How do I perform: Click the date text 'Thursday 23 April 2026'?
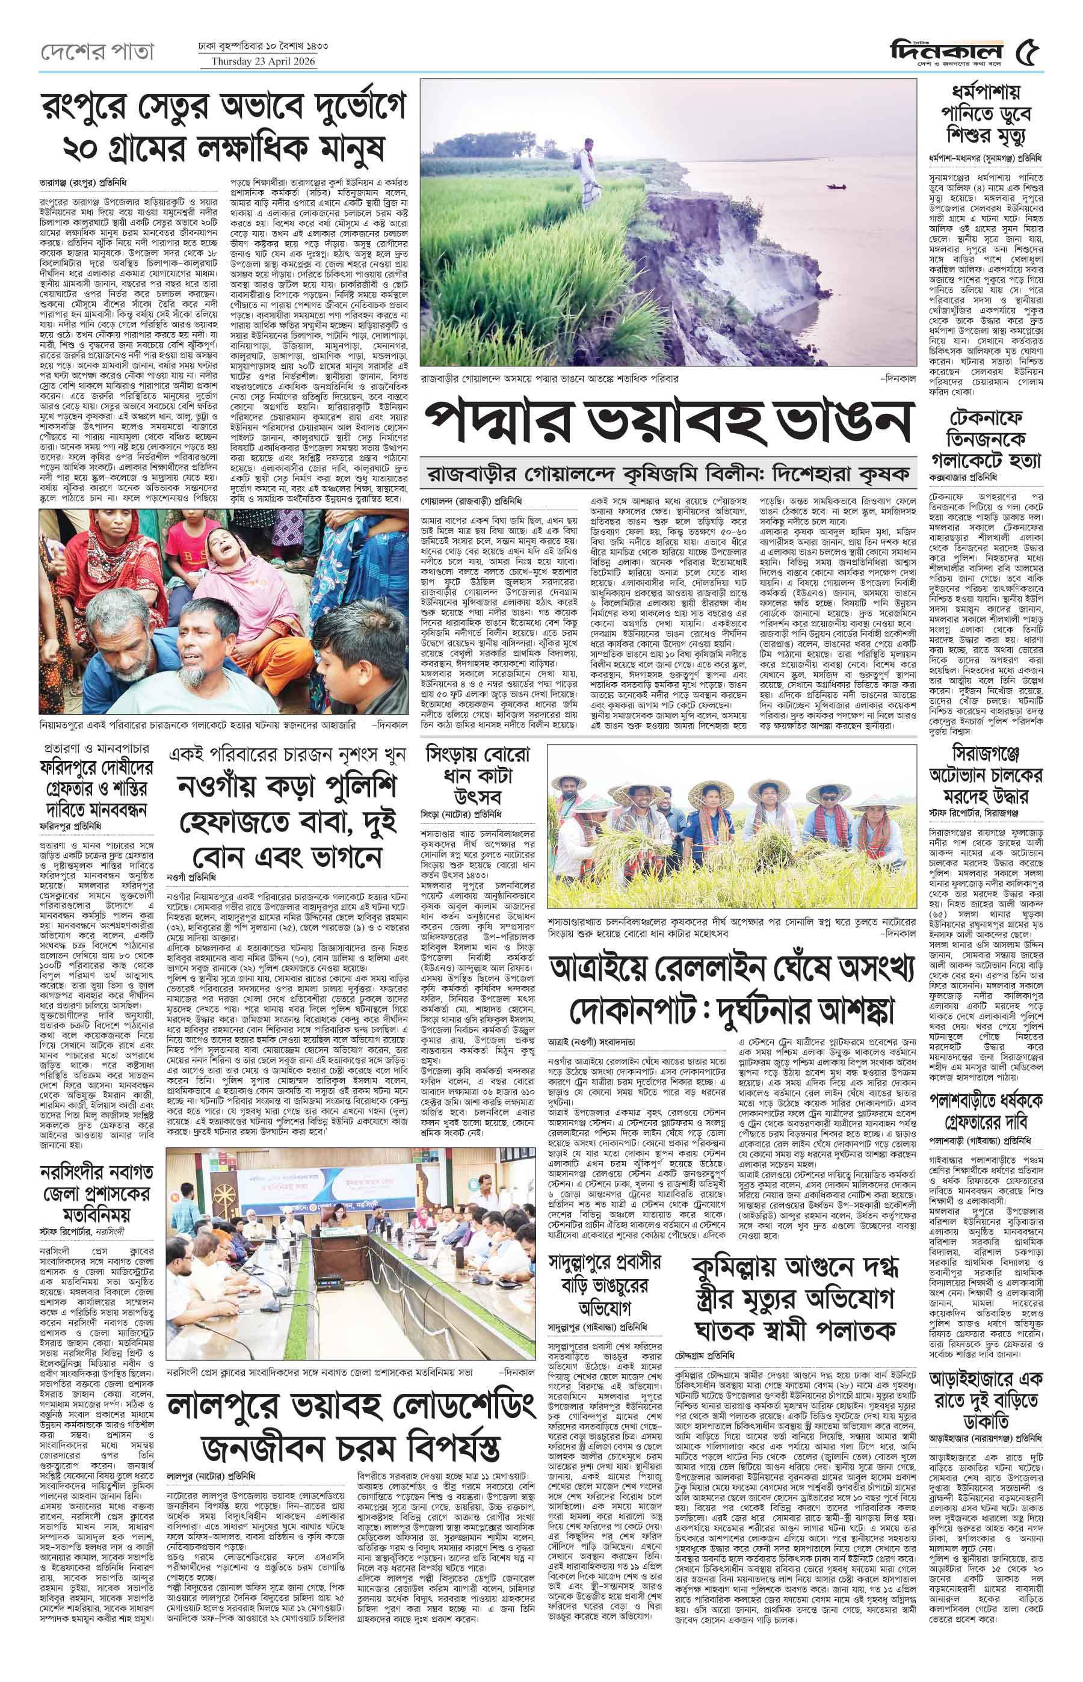tap(259, 61)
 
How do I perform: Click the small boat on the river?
tap(836, 186)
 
